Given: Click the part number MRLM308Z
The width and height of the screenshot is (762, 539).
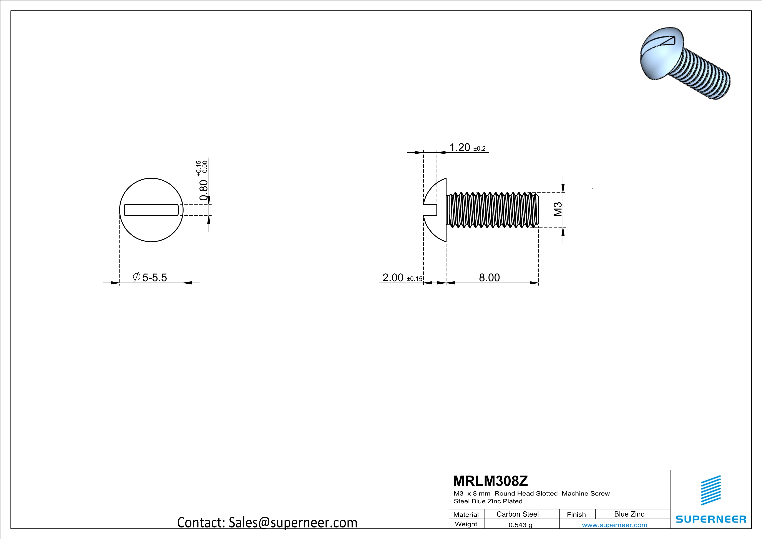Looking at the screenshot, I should point(490,481).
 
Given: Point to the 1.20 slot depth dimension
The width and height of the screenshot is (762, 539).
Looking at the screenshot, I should point(460,147).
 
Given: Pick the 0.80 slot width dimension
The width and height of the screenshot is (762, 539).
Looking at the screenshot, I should point(203,190).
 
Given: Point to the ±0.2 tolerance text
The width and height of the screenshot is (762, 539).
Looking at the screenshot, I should point(479,149).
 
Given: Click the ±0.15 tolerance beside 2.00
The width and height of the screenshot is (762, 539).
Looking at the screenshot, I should point(415,279).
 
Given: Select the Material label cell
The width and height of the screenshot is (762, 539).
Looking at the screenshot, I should point(466,514).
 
